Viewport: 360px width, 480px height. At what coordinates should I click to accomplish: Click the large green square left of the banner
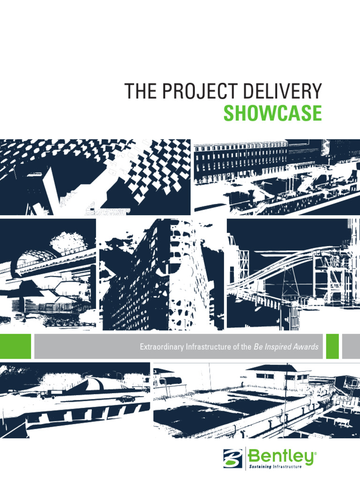click(x=15, y=346)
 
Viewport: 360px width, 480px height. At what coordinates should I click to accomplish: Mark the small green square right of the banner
click(x=332, y=346)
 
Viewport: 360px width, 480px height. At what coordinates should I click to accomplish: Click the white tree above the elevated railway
click(x=67, y=240)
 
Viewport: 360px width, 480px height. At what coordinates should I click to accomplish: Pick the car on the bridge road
click(x=125, y=399)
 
